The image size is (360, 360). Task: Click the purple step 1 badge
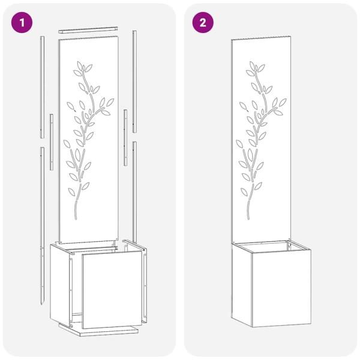[23, 23]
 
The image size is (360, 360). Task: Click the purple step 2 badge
[203, 23]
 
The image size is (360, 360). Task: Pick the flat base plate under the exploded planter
[99, 330]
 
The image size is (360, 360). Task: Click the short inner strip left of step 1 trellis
[52, 132]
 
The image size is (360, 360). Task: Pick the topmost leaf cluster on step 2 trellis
[255, 65]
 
